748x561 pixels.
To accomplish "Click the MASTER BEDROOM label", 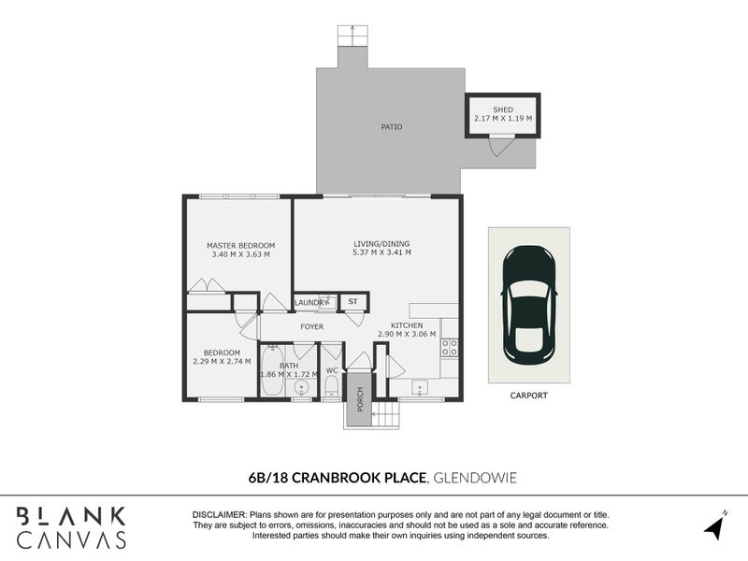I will tap(240, 246).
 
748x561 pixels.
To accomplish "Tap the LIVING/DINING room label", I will tap(381, 244).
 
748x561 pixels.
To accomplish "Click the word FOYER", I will tap(311, 327).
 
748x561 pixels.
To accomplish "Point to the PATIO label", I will tap(391, 127).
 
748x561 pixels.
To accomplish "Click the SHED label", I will tap(503, 109).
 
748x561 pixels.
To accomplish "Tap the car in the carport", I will tap(528, 304).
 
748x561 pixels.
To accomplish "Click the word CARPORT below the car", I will tap(528, 396).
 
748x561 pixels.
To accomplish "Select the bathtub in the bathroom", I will tap(271, 376).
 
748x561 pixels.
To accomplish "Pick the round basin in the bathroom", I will tap(302, 387).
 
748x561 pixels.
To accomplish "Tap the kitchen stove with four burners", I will tap(449, 347).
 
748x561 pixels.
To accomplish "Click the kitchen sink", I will tap(421, 386).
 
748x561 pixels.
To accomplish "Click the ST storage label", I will tap(353, 302).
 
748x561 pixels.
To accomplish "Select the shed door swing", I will tap(501, 146).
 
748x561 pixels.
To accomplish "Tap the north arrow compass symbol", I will tap(716, 525).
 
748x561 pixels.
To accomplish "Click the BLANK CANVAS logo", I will tap(72, 526).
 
